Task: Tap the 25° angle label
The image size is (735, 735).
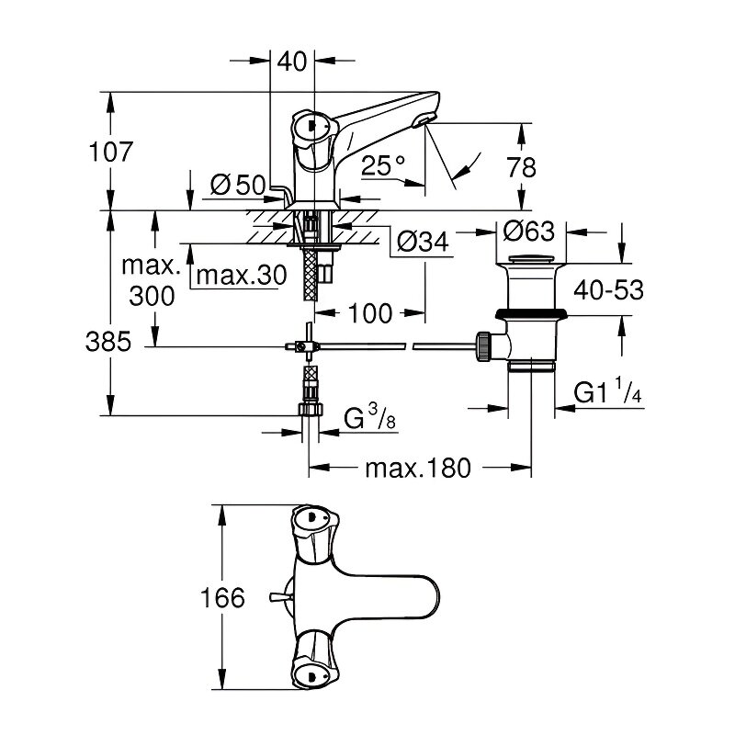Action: point(384,166)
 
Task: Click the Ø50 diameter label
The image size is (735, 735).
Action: point(236,185)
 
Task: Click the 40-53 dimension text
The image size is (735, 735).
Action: point(606,290)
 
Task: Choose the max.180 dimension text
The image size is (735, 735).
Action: point(417,469)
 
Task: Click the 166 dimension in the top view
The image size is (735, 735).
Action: point(224,599)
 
